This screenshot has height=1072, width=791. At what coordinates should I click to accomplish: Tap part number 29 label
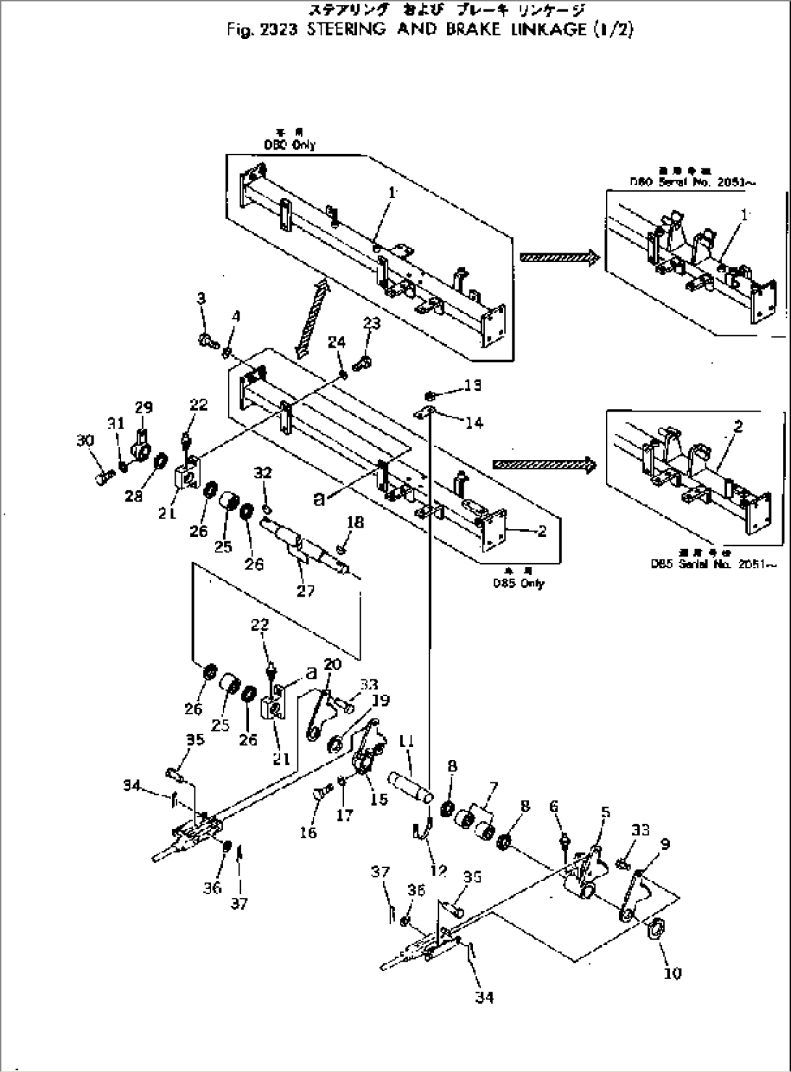coord(143,408)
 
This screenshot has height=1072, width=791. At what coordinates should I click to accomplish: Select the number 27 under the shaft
coord(306,591)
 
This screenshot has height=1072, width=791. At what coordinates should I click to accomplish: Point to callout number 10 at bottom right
coord(673,973)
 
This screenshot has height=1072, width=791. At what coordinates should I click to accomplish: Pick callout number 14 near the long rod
coord(475,422)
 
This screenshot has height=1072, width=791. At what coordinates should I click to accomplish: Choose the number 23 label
coord(372,324)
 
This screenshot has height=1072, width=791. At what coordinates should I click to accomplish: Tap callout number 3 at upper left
coord(201,318)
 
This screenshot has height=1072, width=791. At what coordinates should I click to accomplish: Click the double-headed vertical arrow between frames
coord(311,319)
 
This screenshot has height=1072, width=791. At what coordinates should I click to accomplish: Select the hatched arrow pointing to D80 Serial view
coord(558,256)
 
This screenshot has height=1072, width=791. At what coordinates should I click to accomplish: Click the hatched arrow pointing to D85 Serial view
coord(543,465)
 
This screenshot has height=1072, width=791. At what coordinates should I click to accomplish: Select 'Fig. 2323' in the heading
coord(274,31)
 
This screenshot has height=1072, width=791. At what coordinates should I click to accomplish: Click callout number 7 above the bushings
coord(493,787)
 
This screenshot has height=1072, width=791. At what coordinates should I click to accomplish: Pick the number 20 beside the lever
coord(332,665)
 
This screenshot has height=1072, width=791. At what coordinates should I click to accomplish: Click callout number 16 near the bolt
coord(308,832)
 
